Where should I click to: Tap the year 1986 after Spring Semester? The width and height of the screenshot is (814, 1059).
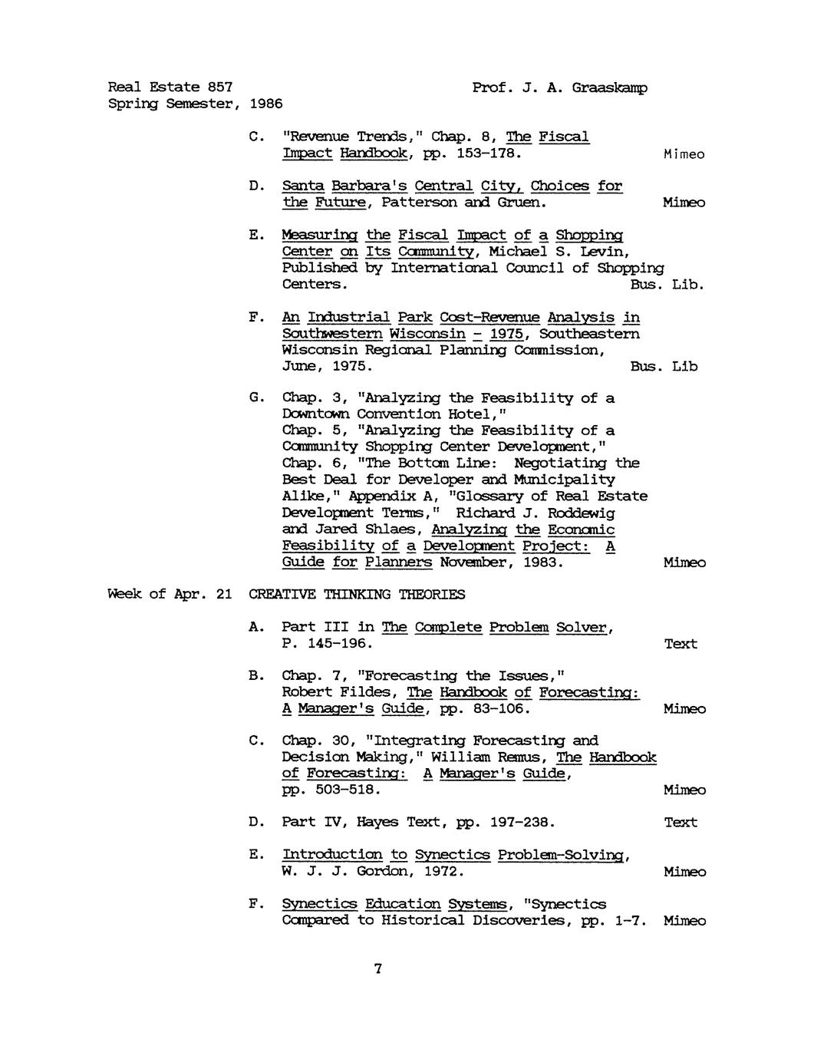click(266, 104)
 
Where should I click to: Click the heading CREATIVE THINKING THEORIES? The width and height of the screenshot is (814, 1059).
click(357, 595)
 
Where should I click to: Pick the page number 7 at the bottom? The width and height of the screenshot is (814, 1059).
click(377, 969)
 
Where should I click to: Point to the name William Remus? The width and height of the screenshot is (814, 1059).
click(501, 757)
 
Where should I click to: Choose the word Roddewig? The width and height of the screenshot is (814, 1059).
click(568, 513)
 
